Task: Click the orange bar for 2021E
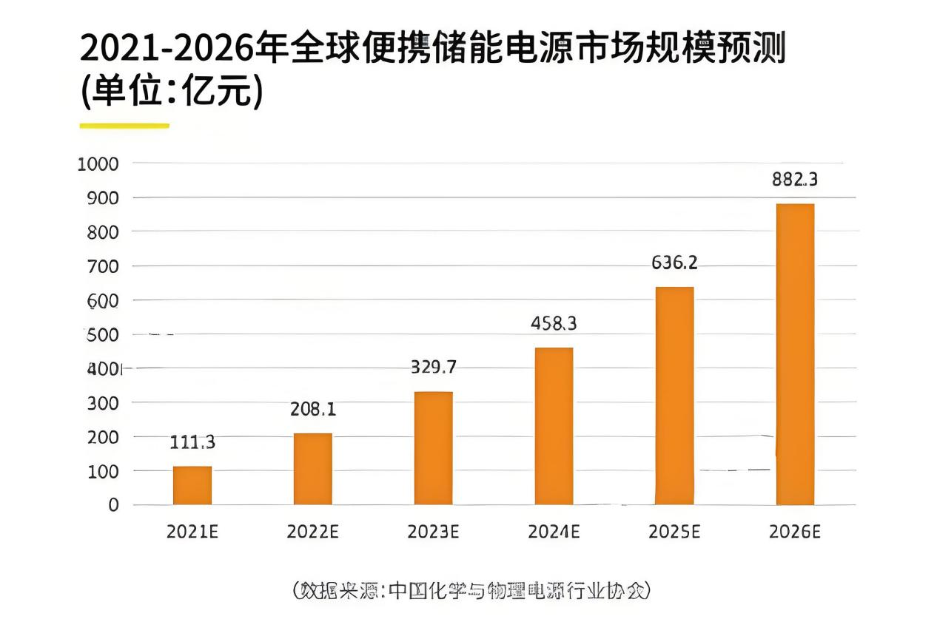click(192, 485)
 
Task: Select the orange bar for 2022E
click(312, 469)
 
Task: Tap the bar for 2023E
click(433, 448)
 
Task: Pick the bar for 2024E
click(554, 426)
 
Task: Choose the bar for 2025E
click(674, 396)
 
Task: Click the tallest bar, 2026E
click(795, 354)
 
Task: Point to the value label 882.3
click(795, 180)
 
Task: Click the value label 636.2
click(674, 263)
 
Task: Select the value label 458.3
click(554, 323)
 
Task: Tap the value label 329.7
click(433, 367)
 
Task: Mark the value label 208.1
click(312, 409)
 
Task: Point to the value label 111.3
click(192, 442)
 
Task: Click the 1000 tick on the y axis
click(98, 163)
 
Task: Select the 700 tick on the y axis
click(104, 266)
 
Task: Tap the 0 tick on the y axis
click(114, 505)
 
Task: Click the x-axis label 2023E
click(433, 532)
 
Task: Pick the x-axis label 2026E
click(795, 532)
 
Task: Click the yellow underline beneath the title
click(124, 126)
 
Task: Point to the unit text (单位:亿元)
click(171, 92)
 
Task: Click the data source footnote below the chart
click(471, 590)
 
